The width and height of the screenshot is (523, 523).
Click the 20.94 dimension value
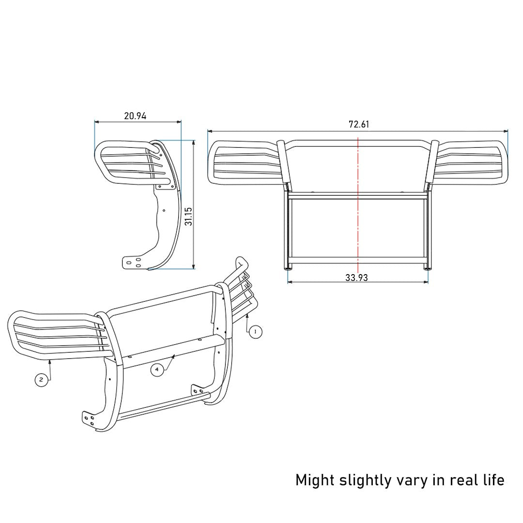[135, 116]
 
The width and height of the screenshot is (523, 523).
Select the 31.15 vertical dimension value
[189, 216]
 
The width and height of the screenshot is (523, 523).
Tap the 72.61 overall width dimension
[359, 124]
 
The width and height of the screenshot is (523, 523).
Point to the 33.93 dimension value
[357, 277]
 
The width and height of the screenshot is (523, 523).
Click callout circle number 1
[255, 332]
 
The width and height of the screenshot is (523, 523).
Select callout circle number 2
[41, 380]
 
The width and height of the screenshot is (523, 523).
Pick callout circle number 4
[156, 370]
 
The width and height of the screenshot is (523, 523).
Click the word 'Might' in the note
[315, 480]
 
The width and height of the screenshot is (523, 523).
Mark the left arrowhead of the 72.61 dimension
[209, 131]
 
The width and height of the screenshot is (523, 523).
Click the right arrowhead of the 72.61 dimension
[507, 131]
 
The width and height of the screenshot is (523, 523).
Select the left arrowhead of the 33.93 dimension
[290, 282]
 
